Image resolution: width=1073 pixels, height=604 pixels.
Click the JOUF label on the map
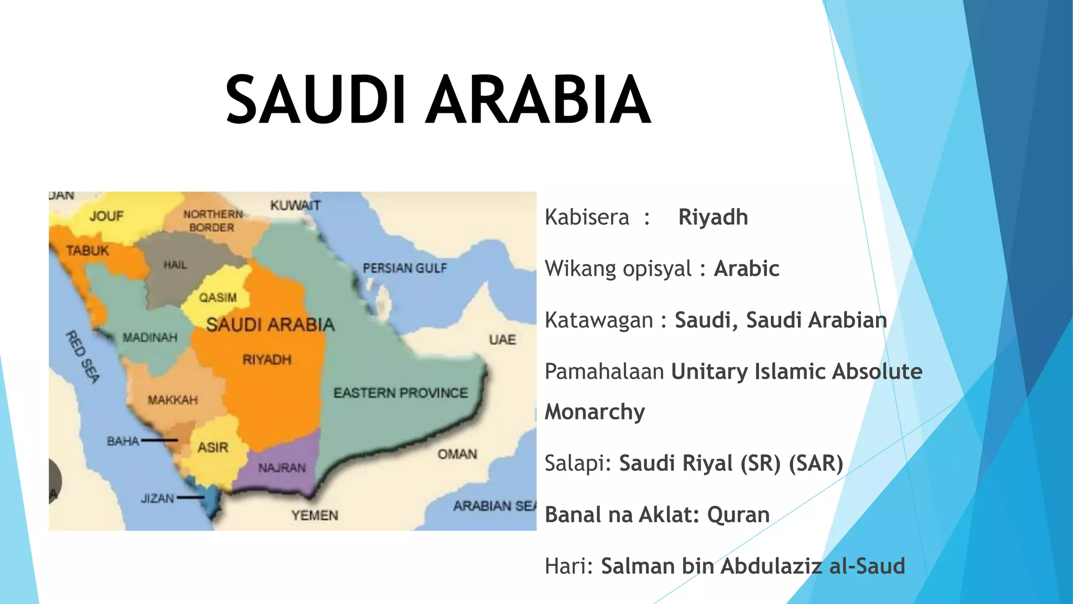[x=106, y=216]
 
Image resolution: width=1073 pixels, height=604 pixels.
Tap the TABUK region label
[x=87, y=251]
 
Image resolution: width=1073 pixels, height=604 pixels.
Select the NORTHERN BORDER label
[x=212, y=221]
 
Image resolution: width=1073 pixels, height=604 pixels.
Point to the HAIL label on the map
[x=175, y=265]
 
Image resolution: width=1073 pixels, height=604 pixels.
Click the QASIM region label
[x=217, y=298]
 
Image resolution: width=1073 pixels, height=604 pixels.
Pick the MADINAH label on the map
[x=150, y=338]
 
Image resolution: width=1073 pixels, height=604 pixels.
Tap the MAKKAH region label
[x=172, y=400]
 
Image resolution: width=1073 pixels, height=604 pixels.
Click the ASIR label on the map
[x=213, y=448]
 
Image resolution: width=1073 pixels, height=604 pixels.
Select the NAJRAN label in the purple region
[x=282, y=467]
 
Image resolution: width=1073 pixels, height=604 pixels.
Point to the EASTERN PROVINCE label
[x=401, y=393]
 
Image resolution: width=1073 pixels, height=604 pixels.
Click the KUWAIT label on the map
[x=295, y=206]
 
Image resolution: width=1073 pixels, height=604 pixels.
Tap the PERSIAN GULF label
[x=405, y=268]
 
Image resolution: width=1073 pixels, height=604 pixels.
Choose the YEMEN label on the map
[x=314, y=515]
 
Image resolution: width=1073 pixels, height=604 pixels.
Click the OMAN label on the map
[x=457, y=454]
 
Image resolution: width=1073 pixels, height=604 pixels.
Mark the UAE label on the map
[x=502, y=340]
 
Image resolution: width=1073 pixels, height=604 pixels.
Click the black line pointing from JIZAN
[x=190, y=497]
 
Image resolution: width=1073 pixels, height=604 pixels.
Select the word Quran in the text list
[x=738, y=515]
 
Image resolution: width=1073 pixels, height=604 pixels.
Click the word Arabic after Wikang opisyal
[x=747, y=268]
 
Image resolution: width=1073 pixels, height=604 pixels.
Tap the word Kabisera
[x=587, y=217]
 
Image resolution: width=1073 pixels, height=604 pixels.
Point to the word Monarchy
[x=595, y=412]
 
